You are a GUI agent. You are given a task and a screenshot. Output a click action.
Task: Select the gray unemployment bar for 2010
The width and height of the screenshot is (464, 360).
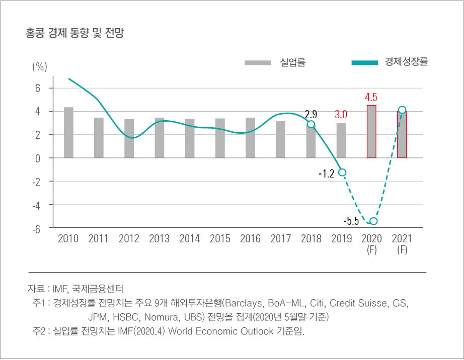click(x=68, y=133)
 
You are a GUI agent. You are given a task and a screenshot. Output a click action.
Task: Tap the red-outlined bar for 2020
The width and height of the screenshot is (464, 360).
click(x=371, y=132)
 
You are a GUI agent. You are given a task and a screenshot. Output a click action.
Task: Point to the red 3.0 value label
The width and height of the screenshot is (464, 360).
click(x=341, y=115)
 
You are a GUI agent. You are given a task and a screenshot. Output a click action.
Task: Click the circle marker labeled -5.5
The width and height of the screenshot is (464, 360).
click(x=373, y=221)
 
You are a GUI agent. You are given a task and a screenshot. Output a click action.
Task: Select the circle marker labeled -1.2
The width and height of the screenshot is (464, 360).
click(x=343, y=172)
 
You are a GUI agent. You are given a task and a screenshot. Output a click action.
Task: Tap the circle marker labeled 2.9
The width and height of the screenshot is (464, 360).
click(x=311, y=124)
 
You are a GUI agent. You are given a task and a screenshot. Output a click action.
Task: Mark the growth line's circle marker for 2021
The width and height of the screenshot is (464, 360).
click(x=402, y=110)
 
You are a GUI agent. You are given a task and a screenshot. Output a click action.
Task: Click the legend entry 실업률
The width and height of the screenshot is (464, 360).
click(x=292, y=63)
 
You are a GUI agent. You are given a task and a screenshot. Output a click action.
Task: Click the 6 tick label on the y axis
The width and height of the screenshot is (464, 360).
click(x=37, y=88)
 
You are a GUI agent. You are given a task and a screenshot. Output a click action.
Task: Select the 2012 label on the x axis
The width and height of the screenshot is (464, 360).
click(x=129, y=239)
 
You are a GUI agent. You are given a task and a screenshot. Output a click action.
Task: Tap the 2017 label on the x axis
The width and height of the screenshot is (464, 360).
click(x=281, y=239)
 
